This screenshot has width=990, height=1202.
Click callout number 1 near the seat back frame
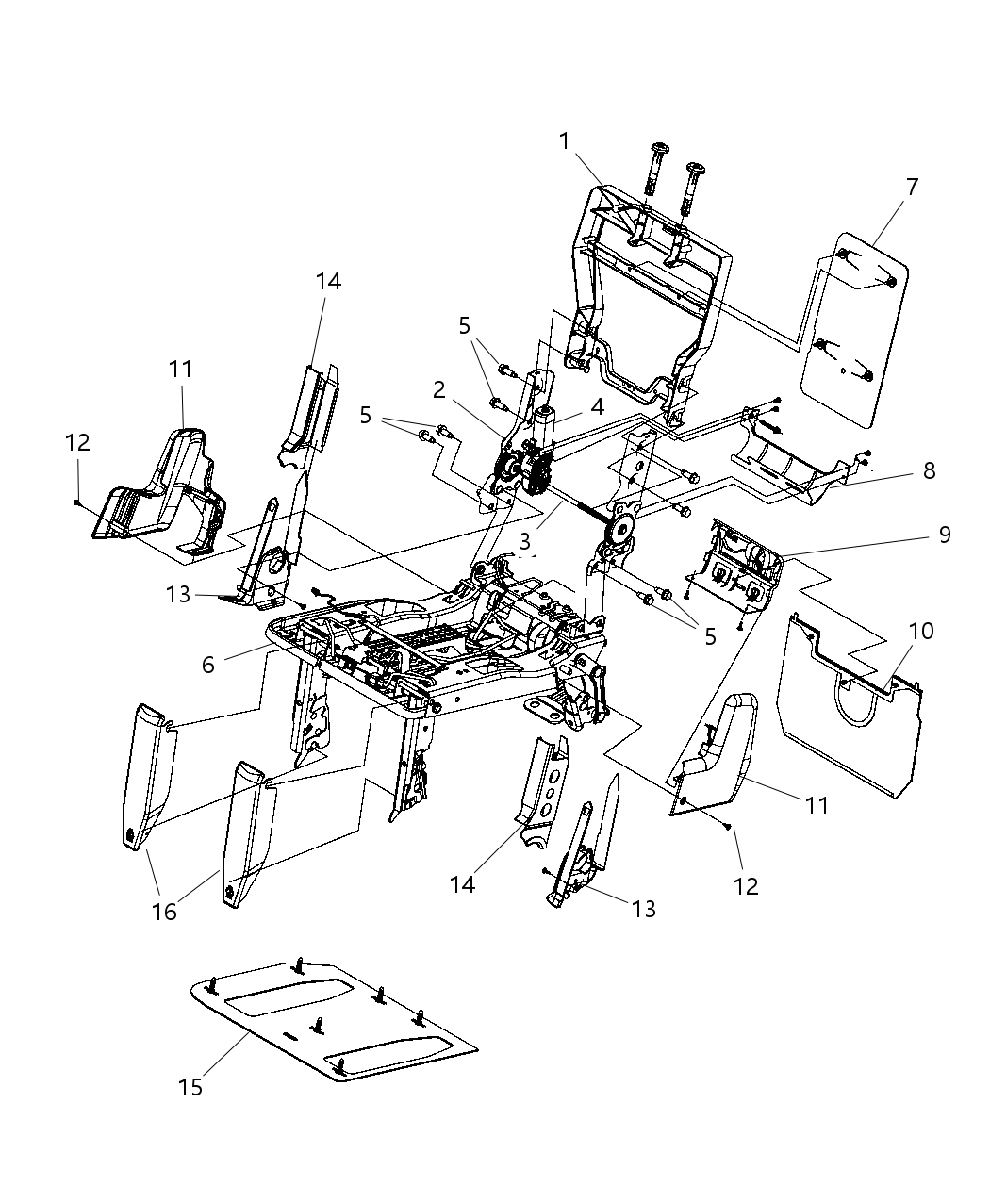[564, 141]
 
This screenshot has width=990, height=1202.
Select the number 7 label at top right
[911, 187]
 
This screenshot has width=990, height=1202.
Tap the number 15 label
[190, 1087]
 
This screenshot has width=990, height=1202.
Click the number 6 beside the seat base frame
[208, 665]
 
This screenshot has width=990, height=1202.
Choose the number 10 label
[921, 631]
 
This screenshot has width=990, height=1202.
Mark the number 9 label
[944, 535]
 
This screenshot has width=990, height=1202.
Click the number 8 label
[929, 470]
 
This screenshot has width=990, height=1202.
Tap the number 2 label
[439, 388]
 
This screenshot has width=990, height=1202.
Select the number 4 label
[597, 408]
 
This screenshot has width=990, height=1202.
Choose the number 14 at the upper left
[328, 281]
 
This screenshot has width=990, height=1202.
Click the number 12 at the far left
[77, 441]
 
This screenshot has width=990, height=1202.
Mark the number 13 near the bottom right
[644, 909]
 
